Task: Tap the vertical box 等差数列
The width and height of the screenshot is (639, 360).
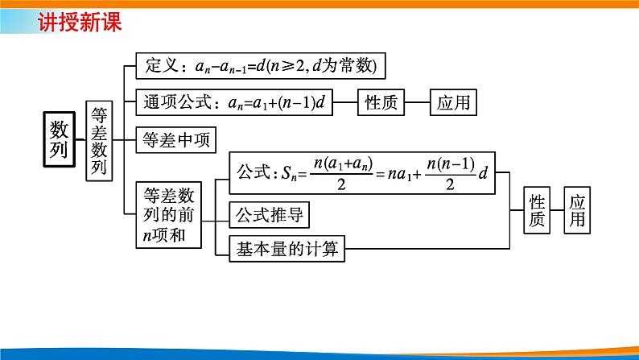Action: (x=99, y=139)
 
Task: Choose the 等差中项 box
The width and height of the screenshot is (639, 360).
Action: (x=175, y=140)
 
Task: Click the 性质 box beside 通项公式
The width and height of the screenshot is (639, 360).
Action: (x=381, y=102)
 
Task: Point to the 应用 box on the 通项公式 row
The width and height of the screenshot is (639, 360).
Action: (x=453, y=102)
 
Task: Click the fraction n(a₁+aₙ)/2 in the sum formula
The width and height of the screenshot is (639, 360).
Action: (x=340, y=172)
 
